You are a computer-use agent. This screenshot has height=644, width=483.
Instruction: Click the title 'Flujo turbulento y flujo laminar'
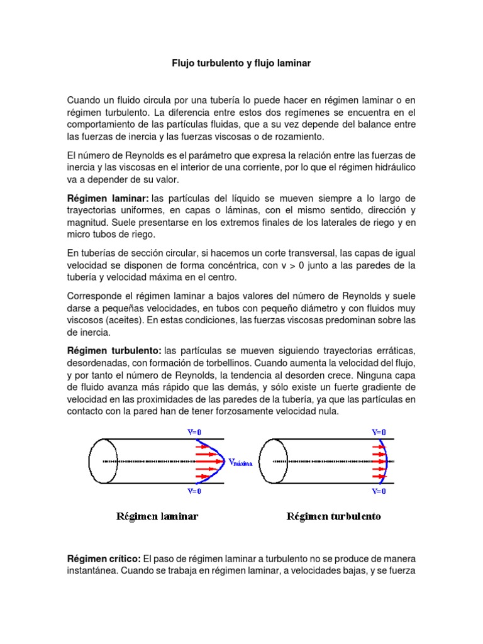tap(241, 64)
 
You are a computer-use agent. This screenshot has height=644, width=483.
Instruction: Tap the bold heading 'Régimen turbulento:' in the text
tap(114, 350)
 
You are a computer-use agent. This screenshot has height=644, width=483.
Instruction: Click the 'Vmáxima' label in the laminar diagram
tap(241, 462)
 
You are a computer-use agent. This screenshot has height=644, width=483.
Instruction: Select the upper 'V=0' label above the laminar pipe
tap(194, 432)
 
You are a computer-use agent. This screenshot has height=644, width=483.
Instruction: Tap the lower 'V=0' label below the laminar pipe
tap(194, 491)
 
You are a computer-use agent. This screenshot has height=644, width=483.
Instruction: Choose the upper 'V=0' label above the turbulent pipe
tap(379, 432)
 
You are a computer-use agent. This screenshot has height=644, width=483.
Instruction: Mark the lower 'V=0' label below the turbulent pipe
tap(379, 491)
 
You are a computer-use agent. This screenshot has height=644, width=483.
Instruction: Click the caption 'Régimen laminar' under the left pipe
tap(157, 516)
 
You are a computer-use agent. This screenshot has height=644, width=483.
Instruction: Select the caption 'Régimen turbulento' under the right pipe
tap(333, 516)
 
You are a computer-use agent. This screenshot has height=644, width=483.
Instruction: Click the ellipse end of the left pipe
tap(103, 461)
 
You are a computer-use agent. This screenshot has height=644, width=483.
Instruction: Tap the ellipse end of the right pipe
tap(274, 461)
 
